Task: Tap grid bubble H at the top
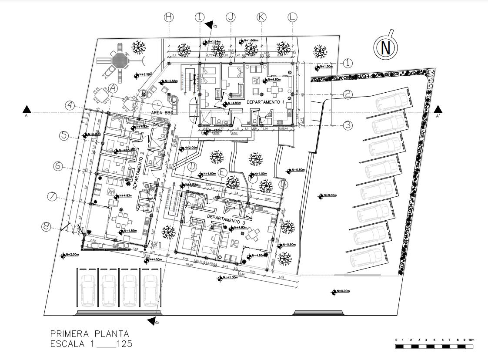169,17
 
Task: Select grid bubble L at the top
292,17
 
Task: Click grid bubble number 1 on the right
348,63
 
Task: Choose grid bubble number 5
64,135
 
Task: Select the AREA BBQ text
162,112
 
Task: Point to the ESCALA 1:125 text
91,344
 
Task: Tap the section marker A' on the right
438,110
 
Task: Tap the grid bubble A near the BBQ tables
113,88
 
